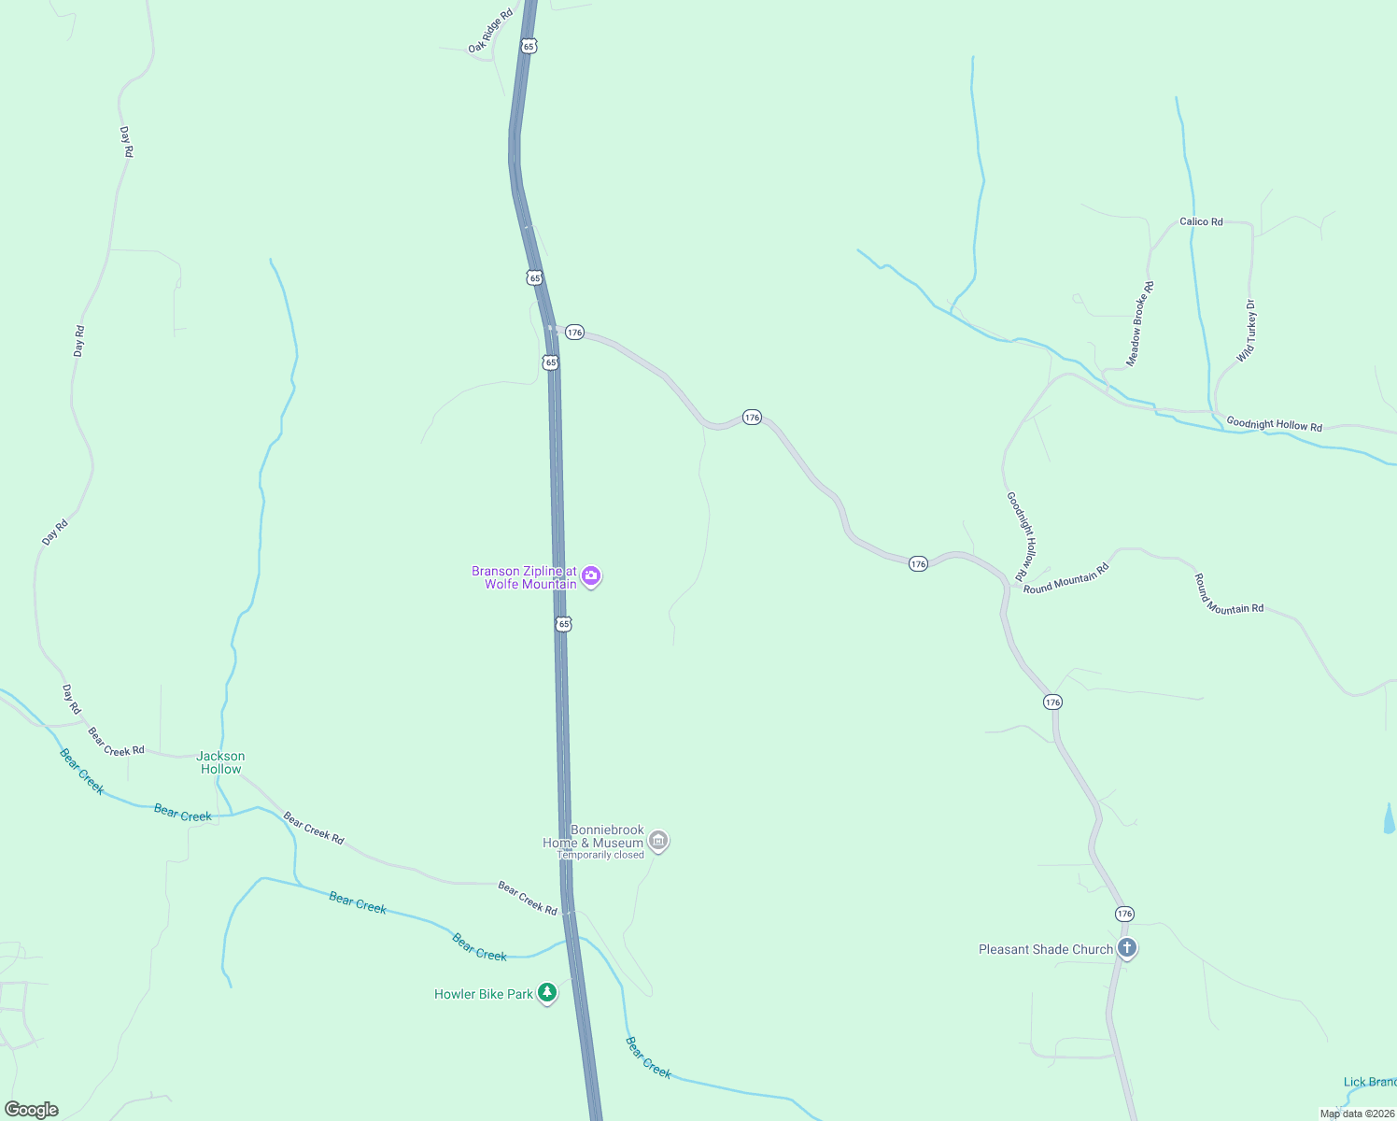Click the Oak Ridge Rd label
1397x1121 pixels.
pyautogui.click(x=491, y=31)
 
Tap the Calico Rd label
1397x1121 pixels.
pyautogui.click(x=1201, y=221)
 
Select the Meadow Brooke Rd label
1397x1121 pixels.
pyautogui.click(x=1140, y=323)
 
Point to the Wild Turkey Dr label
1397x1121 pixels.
pyautogui.click(x=1247, y=331)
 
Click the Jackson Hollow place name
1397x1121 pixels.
pyautogui.click(x=221, y=762)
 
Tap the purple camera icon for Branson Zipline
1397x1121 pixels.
pyautogui.click(x=590, y=576)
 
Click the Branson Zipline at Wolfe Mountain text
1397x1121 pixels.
pyautogui.click(x=524, y=577)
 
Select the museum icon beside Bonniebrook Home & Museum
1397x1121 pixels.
pyautogui.click(x=658, y=841)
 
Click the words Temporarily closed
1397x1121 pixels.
pyautogui.click(x=600, y=855)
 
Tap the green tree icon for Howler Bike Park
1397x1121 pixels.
pyautogui.click(x=547, y=993)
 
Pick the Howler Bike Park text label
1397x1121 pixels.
pyautogui.click(x=484, y=994)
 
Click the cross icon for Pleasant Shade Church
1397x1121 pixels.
pyautogui.click(x=1127, y=949)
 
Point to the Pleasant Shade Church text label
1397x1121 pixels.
pyautogui.click(x=1046, y=949)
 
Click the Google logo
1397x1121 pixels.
pyautogui.click(x=31, y=1110)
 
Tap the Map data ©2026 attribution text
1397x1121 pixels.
pyautogui.click(x=1357, y=1114)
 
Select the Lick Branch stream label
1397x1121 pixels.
pyautogui.click(x=1369, y=1082)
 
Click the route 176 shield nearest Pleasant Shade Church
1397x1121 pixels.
pyautogui.click(x=1124, y=914)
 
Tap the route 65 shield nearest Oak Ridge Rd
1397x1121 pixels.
pyautogui.click(x=529, y=46)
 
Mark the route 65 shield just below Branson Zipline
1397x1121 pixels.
pyautogui.click(x=563, y=623)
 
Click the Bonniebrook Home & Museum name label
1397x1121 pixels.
pyautogui.click(x=594, y=836)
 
